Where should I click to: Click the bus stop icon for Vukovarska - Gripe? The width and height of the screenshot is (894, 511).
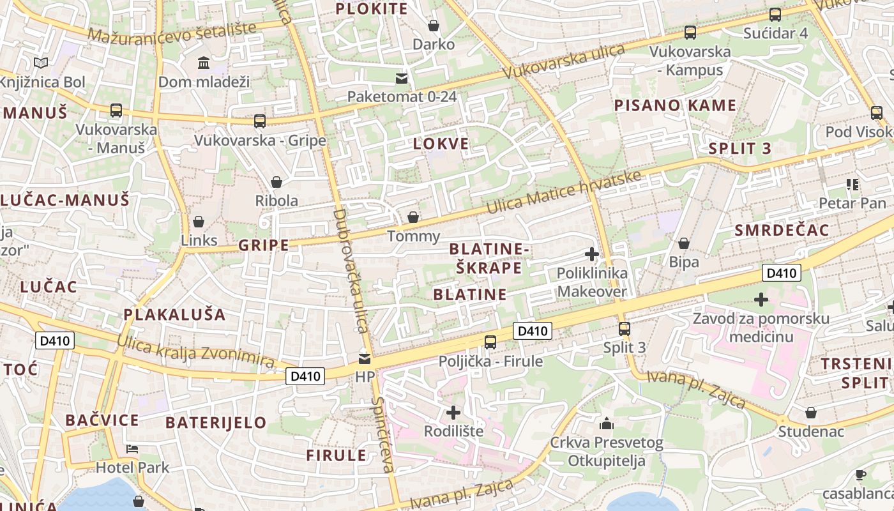[259, 121]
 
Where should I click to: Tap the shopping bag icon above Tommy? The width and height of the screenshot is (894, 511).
[413, 217]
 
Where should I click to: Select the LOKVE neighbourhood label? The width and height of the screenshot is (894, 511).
[441, 144]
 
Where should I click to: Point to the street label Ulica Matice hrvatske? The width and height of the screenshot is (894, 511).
[563, 194]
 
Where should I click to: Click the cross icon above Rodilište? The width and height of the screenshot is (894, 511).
[453, 412]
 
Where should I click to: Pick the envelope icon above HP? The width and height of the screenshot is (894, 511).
[365, 358]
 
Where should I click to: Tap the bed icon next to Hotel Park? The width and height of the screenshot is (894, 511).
[132, 448]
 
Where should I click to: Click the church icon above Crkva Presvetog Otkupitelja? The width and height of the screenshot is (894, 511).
[606, 423]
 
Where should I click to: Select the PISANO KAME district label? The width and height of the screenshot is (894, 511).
[675, 105]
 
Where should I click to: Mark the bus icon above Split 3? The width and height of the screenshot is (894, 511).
[625, 329]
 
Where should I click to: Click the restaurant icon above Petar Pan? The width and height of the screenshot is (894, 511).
[852, 185]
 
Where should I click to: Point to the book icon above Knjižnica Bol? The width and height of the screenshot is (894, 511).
[41, 63]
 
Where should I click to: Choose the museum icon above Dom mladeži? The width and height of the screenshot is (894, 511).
[204, 63]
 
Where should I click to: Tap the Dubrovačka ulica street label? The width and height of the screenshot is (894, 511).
[351, 270]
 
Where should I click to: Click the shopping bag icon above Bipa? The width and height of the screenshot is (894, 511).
[683, 243]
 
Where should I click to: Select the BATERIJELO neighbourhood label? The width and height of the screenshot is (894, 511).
[216, 422]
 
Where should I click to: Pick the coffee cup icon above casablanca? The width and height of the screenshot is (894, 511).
[860, 475]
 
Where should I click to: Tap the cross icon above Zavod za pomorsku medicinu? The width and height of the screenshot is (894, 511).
[761, 299]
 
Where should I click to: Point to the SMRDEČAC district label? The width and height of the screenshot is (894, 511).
[782, 231]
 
